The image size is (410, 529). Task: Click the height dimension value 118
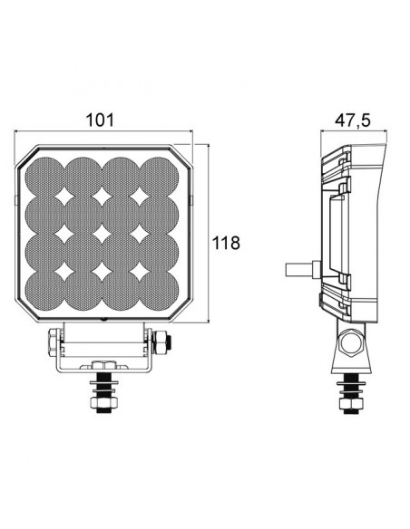point(226,242)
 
